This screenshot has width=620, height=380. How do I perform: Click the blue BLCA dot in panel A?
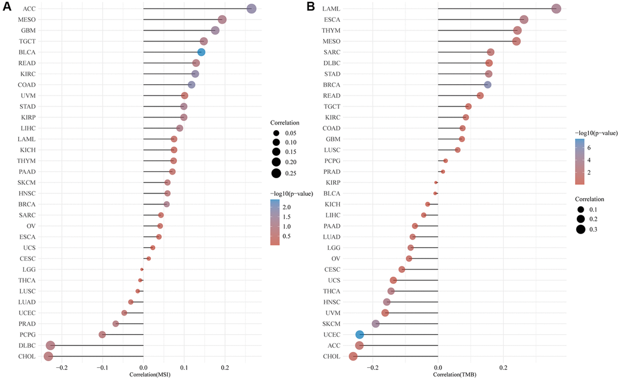point(201,52)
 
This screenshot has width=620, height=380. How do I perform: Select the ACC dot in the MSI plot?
point(252,9)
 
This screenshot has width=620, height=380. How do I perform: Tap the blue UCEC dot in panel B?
point(360,334)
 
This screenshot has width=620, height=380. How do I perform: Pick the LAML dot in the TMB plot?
point(556,9)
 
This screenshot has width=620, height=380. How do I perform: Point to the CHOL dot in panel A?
point(49,356)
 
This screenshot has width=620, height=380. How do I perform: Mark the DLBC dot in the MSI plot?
point(50,345)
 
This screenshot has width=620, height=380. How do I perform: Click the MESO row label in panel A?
point(27,19)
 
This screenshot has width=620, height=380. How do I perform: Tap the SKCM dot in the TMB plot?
point(376,323)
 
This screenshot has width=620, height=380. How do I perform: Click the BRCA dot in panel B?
point(487,85)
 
